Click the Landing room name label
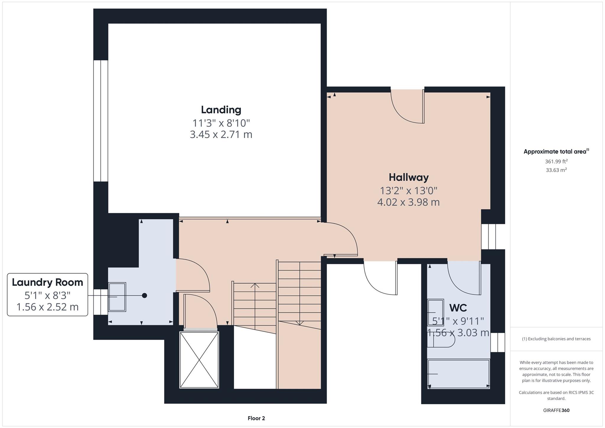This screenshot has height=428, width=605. click(221, 110)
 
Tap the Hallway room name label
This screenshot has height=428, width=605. click(409, 177)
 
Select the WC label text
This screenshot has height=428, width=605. click(458, 308)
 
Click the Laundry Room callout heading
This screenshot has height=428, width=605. click(48, 282)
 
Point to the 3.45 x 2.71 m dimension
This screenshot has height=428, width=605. click(221, 134)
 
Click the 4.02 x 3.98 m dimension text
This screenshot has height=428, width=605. click(409, 202)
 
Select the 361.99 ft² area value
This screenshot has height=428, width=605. click(556, 161)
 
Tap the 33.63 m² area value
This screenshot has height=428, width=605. click(556, 170)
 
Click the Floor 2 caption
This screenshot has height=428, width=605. click(256, 418)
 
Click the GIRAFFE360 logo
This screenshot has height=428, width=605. click(556, 410)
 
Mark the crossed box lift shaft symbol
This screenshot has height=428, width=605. click(199, 360)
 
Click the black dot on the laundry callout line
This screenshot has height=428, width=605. click(144, 295)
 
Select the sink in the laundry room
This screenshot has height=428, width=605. click(117, 297)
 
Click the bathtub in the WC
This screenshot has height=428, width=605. click(458, 374)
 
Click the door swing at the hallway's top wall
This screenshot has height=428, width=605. click(408, 106)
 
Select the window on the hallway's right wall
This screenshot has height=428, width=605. click(489, 236)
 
